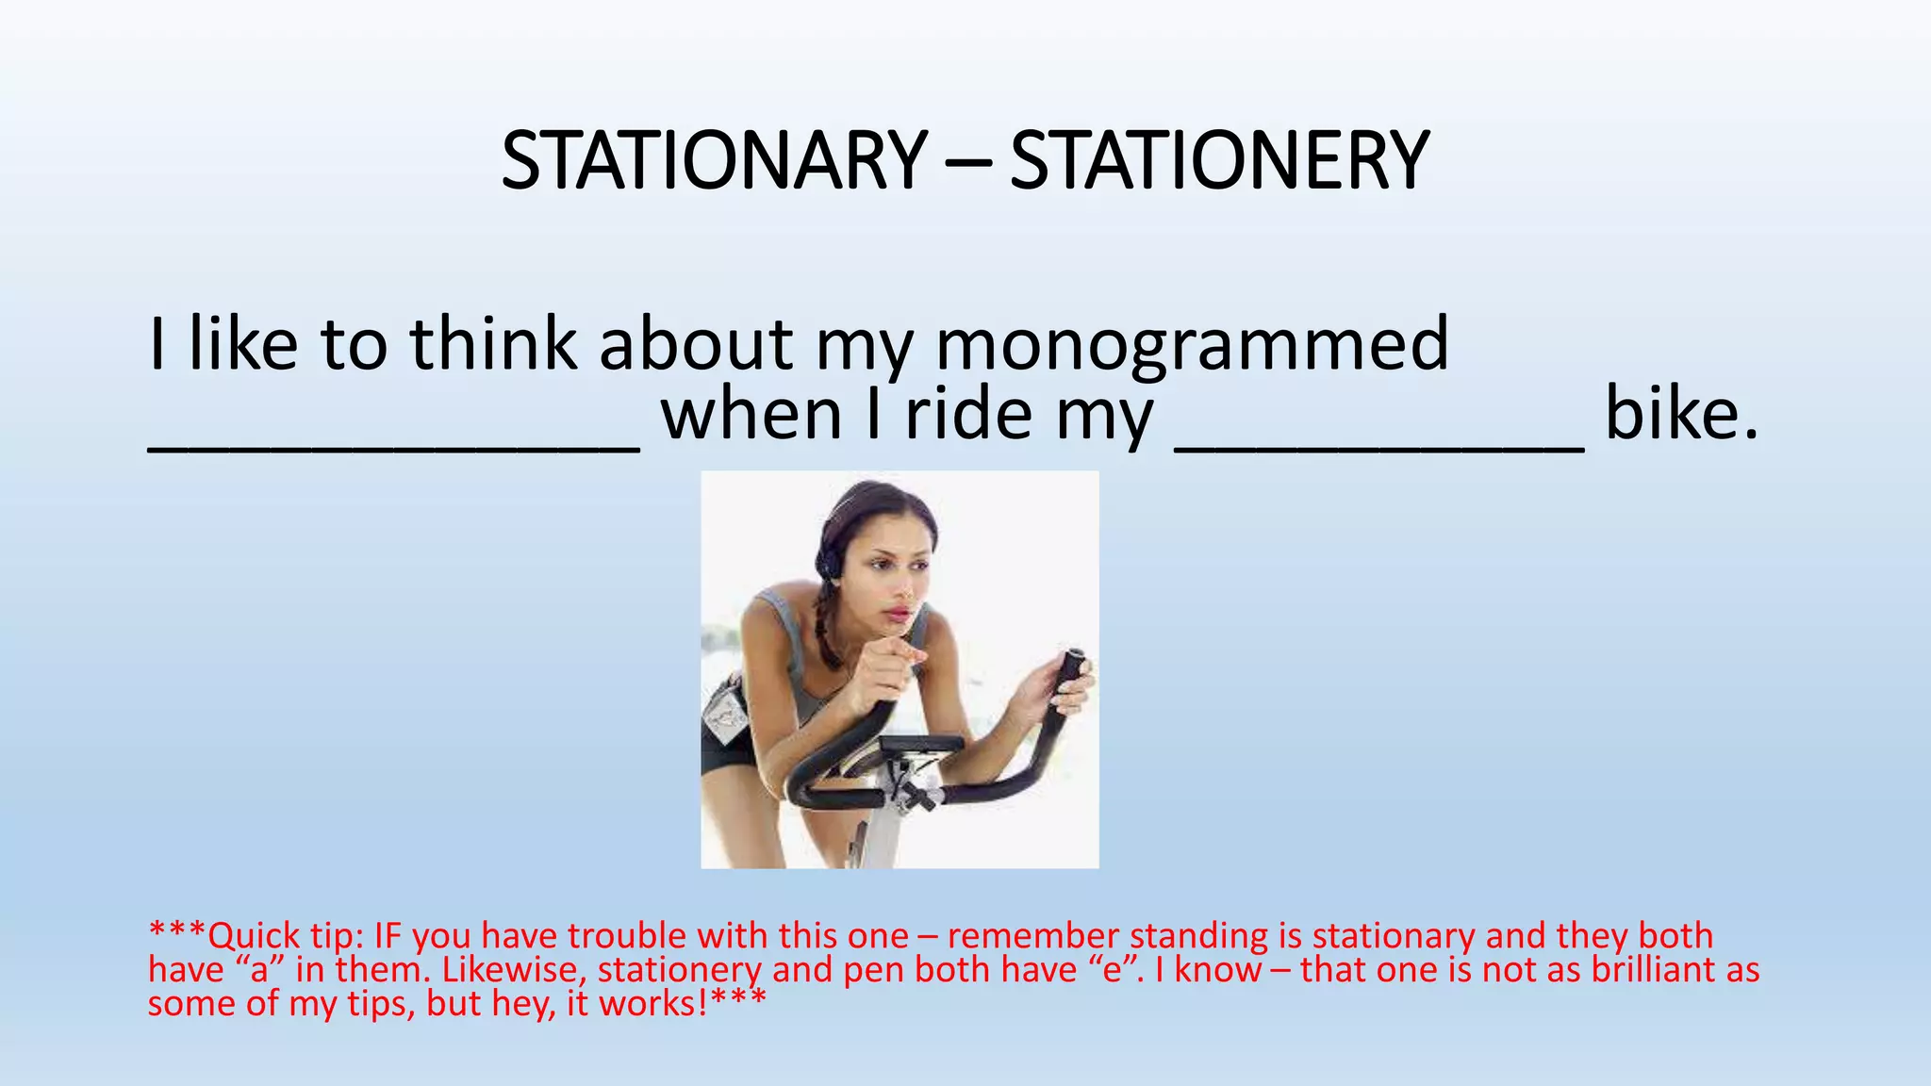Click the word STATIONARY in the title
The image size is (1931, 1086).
pyautogui.click(x=714, y=160)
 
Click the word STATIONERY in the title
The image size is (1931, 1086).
pyautogui.click(x=1219, y=160)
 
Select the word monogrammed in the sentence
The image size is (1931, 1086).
pyautogui.click(x=1192, y=345)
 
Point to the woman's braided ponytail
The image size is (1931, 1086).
pyautogui.click(x=830, y=627)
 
